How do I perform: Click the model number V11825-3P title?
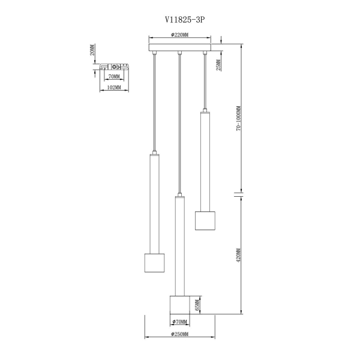(185, 20)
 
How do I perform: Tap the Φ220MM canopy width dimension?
(179, 35)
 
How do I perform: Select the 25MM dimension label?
(218, 65)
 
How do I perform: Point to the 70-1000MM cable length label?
(239, 118)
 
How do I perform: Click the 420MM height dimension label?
(239, 256)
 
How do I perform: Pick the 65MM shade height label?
(197, 305)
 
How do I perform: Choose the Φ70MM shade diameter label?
(180, 322)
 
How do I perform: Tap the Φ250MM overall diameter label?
(180, 334)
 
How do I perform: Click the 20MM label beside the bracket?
(92, 50)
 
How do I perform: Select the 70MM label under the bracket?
(114, 76)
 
